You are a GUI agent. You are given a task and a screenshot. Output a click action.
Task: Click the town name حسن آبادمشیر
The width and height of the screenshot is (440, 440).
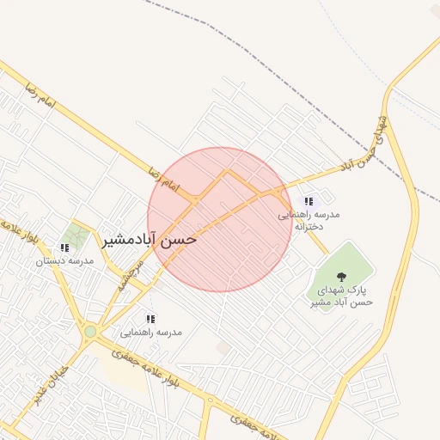150,239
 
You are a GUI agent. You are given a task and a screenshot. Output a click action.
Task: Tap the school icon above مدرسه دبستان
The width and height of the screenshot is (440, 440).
65,247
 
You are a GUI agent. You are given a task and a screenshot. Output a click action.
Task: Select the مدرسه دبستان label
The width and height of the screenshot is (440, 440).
64,260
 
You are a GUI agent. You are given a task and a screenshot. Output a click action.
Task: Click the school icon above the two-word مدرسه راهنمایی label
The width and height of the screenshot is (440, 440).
151,319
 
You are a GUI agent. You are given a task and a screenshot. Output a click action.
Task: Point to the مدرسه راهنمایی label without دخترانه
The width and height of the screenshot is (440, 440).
151,332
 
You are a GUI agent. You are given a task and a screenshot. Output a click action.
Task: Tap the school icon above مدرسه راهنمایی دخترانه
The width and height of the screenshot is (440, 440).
309,201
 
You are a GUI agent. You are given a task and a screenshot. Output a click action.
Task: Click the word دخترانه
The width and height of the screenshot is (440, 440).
308,227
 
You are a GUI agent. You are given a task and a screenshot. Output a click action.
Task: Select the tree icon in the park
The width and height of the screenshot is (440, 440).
342,277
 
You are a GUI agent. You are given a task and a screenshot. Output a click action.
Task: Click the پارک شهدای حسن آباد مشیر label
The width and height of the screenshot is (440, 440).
341,296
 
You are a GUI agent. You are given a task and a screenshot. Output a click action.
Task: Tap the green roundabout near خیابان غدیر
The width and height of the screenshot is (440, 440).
90,331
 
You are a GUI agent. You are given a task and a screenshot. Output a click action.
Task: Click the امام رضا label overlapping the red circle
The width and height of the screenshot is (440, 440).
163,180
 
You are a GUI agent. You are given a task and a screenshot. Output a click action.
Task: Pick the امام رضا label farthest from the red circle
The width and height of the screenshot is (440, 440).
40,95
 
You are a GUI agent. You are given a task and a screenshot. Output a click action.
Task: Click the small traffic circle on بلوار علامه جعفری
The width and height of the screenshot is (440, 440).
210,400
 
